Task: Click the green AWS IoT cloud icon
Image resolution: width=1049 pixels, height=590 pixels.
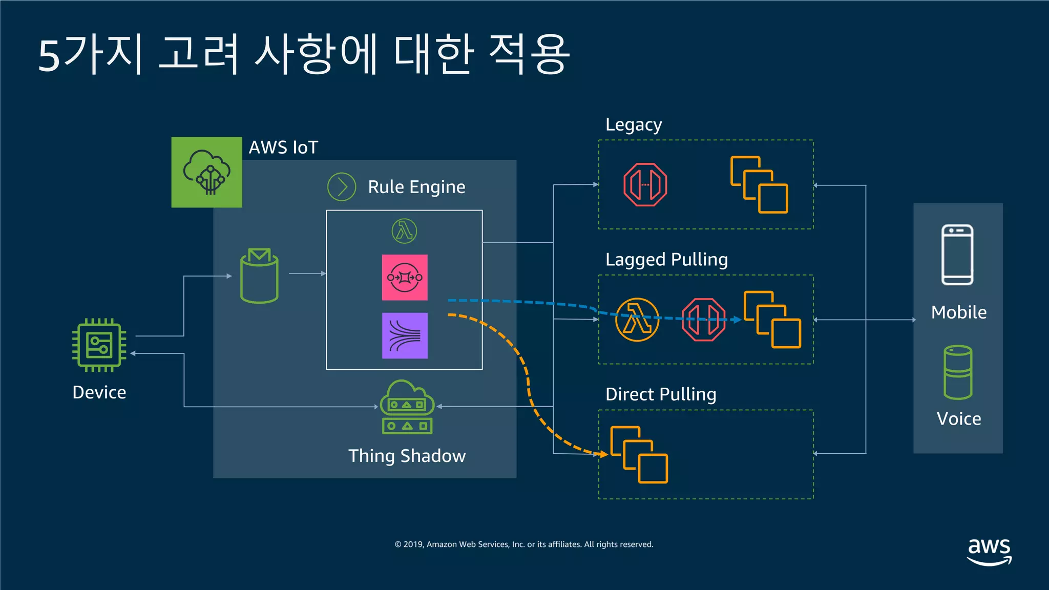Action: [206, 172]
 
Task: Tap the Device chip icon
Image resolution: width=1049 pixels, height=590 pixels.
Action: [99, 345]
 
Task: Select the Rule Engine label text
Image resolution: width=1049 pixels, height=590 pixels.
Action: [416, 187]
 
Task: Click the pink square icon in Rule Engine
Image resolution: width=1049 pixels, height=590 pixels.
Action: [405, 278]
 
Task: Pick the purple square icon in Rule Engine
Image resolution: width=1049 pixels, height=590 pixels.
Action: [405, 335]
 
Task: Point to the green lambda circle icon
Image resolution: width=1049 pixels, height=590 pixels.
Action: [404, 231]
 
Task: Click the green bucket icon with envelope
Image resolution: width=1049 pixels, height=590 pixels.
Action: [259, 276]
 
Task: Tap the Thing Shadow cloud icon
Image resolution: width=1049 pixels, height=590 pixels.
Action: [407, 407]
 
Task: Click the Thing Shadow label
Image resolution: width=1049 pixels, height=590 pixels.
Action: [407, 456]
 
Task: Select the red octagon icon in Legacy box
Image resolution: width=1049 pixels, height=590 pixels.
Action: [645, 184]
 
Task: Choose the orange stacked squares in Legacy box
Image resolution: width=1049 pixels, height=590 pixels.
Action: [759, 185]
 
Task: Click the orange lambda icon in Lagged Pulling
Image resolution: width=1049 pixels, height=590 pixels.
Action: [637, 320]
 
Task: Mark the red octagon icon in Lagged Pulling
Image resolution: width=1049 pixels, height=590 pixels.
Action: [704, 320]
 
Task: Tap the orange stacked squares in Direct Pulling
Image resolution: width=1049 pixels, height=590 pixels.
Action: [639, 455]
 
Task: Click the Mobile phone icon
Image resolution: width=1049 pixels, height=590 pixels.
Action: [957, 255]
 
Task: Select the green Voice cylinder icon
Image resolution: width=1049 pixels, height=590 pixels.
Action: [957, 372]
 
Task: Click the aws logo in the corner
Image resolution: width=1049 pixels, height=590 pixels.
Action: [989, 551]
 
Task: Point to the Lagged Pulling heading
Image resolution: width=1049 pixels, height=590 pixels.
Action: [666, 260]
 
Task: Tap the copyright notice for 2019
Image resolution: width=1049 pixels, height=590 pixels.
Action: [524, 544]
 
